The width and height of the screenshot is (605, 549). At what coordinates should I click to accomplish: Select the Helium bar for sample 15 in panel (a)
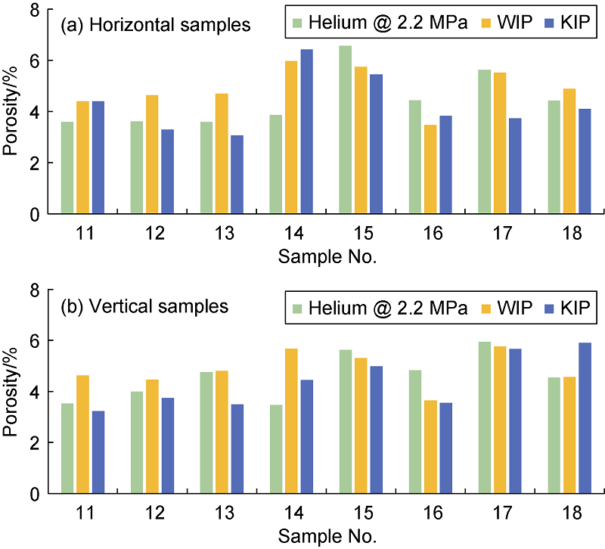[x=345, y=129]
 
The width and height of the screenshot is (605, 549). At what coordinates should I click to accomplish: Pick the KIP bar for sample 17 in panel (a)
[x=515, y=166]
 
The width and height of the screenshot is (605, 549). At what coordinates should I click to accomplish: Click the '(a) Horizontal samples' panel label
[x=155, y=26]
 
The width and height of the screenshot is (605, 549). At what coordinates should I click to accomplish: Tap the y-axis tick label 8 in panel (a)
[x=34, y=11]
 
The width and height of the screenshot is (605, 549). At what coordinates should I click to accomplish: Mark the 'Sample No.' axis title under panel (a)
[x=327, y=256]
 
